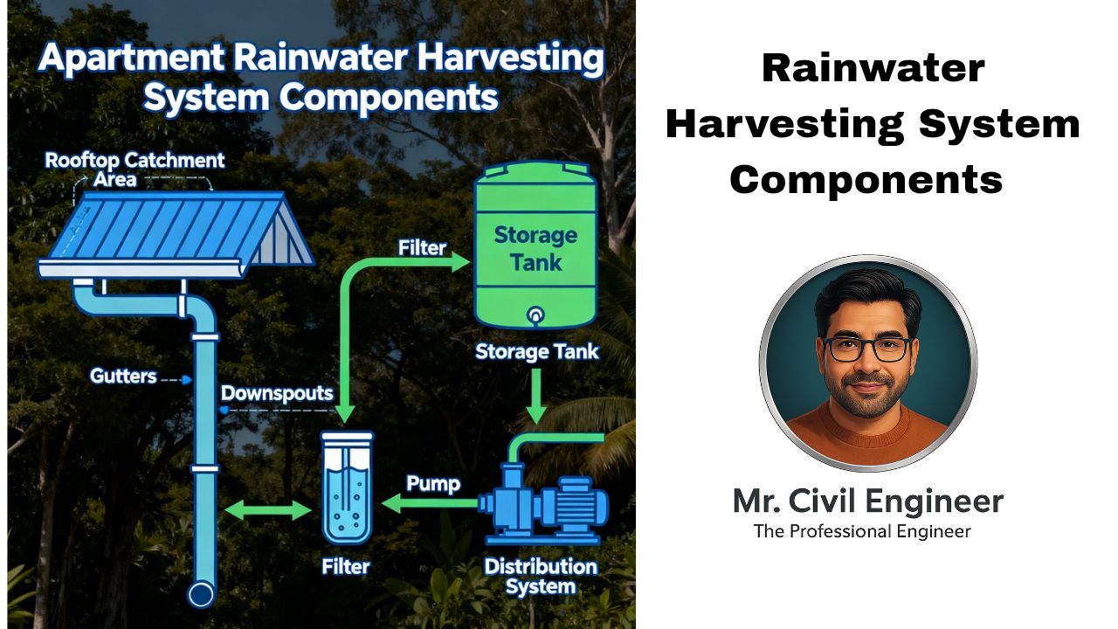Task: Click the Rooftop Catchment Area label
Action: tap(135, 169)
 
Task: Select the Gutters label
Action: tap(123, 377)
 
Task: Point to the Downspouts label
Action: tap(277, 393)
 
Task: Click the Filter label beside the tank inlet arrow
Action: tap(422, 248)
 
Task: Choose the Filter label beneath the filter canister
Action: tap(346, 566)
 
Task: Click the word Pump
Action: tap(433, 483)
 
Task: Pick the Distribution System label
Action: tap(541, 576)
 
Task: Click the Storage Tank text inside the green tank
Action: tap(535, 247)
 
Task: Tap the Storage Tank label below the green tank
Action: tap(537, 352)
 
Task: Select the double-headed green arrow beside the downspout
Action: tap(268, 509)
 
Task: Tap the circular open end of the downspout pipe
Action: tap(202, 594)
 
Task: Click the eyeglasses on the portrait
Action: tap(866, 348)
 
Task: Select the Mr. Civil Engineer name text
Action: tap(867, 501)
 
